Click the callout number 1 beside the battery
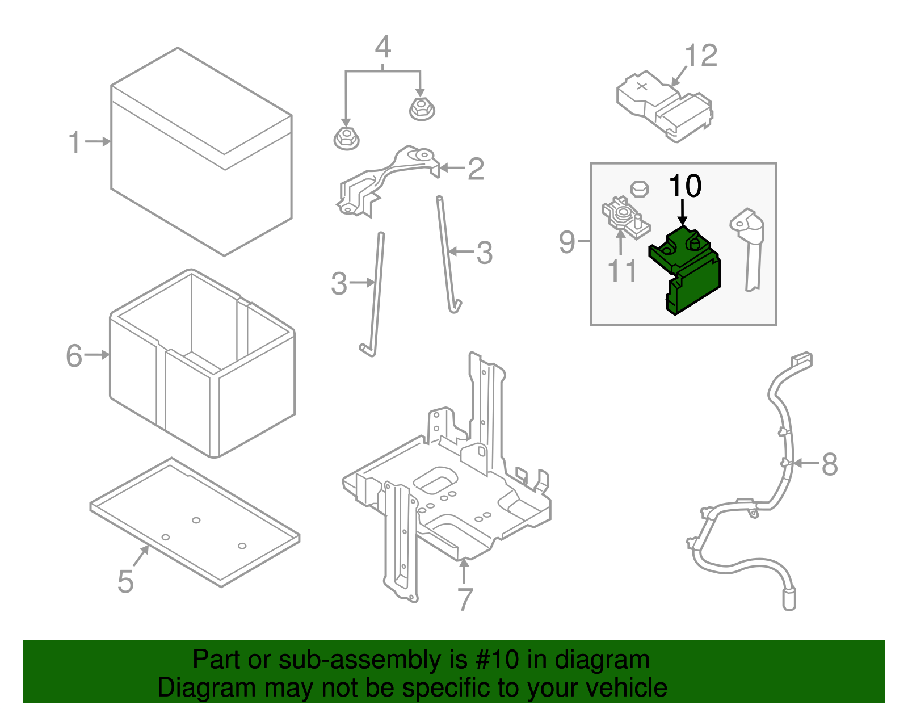click(74, 142)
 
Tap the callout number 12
click(701, 56)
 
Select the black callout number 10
click(685, 186)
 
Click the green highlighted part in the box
click(687, 270)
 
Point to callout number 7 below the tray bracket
click(465, 599)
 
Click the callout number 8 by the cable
click(829, 464)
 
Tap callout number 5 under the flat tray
click(125, 582)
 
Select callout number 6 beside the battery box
click(74, 356)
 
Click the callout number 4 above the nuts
click(383, 47)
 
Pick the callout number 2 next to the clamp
click(476, 169)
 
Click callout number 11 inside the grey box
click(623, 271)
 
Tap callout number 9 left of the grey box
click(567, 242)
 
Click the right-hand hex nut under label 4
click(421, 108)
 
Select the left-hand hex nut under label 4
click(346, 138)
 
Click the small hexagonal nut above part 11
click(640, 188)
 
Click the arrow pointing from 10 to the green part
click(683, 213)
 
